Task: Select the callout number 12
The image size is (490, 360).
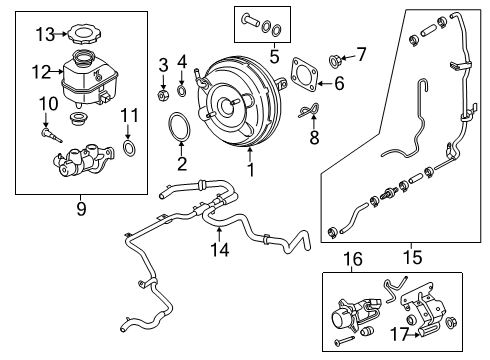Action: coord(41,72)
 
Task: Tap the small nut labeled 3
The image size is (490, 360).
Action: coord(163,96)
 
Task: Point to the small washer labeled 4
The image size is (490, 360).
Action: coord(182,90)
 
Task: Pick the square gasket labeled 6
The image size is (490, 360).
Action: coord(304,75)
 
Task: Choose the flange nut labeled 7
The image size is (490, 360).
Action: coord(334,60)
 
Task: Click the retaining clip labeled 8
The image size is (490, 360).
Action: coord(309,110)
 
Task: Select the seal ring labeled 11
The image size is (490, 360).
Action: coord(130,148)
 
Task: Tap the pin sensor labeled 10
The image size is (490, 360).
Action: coord(51,134)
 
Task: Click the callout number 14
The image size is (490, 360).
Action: coord(220,250)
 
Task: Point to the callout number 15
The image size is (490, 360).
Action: coord(412,257)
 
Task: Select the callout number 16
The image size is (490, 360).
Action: coord(353,259)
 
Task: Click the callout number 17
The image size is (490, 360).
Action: coord(399,333)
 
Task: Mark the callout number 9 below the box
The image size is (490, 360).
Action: coord(81,209)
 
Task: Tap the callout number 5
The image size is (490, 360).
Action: coord(274,57)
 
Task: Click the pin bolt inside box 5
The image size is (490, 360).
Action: coord(251,20)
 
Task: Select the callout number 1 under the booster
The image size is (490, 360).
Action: coord(251,169)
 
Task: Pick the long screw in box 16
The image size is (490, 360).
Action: coord(344,340)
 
